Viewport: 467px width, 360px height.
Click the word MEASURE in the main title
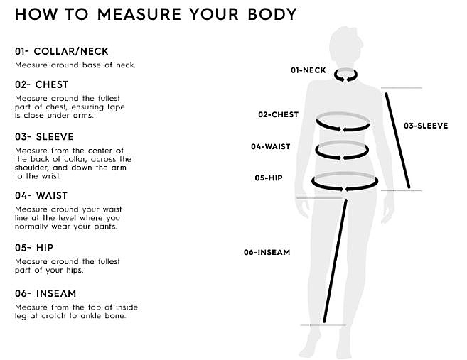coord(139,14)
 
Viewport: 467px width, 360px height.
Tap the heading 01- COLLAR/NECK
coord(62,51)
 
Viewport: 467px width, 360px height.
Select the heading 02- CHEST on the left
coord(41,84)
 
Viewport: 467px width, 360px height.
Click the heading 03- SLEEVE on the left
coord(44,136)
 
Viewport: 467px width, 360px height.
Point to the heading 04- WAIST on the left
coord(41,195)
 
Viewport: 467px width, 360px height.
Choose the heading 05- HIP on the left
coord(34,248)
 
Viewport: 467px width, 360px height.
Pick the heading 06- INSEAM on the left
coord(45,293)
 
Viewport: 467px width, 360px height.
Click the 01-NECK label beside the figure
coord(308,70)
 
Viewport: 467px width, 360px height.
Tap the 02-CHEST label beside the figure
coord(278,114)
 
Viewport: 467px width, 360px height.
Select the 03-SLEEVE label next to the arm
coord(426,126)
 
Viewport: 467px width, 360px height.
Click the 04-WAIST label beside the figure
coord(270,146)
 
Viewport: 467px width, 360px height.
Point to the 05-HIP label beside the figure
coord(269,178)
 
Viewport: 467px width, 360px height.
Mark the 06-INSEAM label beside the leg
coord(267,252)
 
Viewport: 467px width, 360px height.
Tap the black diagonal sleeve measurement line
coord(397,141)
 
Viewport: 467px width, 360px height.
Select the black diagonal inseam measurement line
coord(335,261)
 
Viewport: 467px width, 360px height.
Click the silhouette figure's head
coord(345,45)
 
